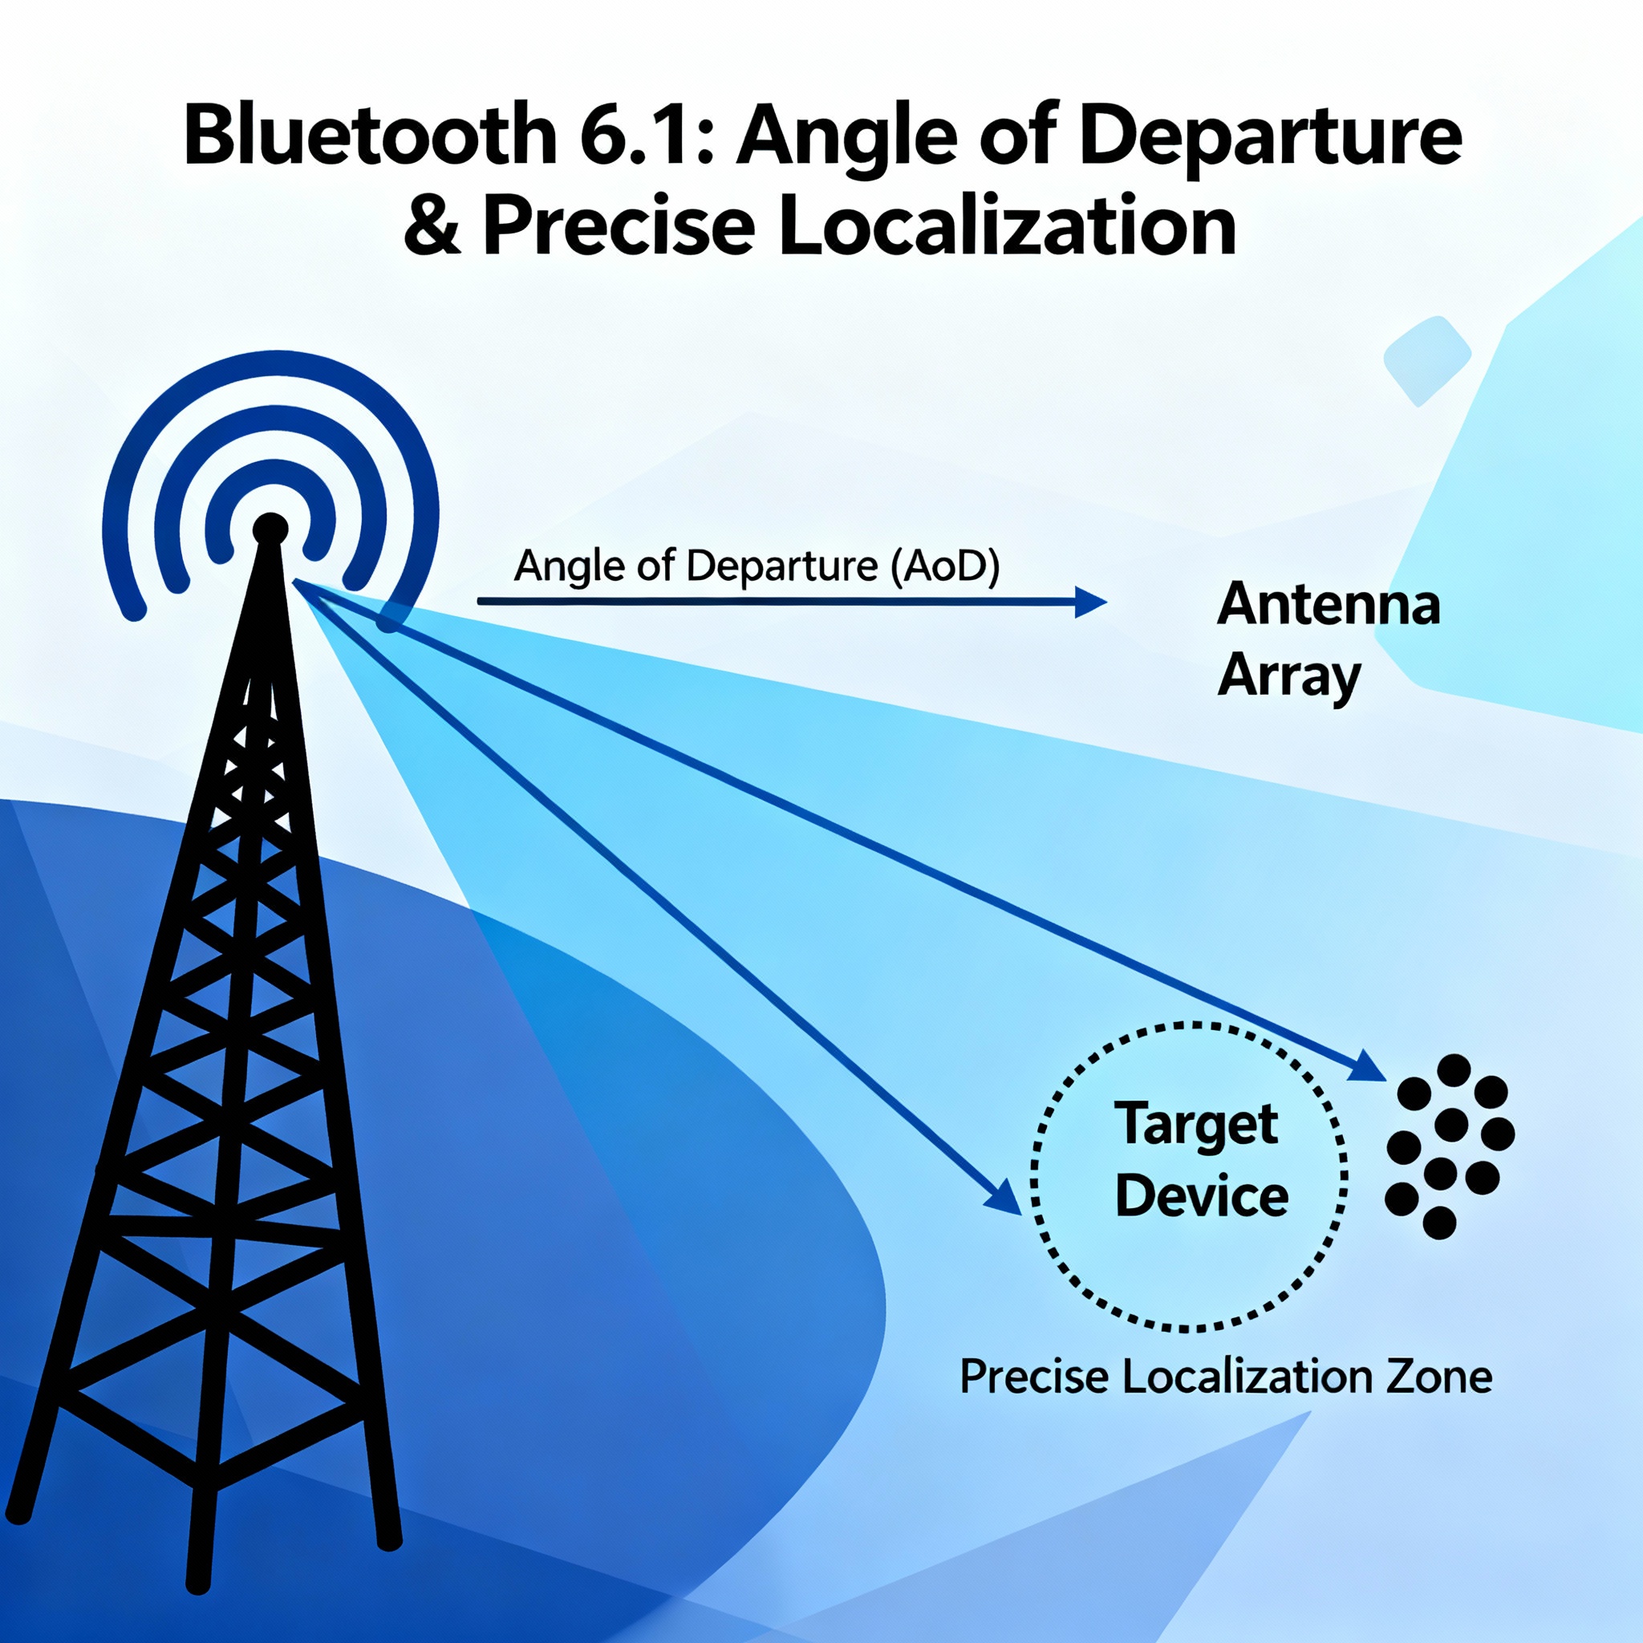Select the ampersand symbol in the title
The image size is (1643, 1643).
coord(433,226)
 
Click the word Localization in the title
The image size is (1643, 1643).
coord(1007,226)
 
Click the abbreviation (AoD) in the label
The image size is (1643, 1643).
coord(945,566)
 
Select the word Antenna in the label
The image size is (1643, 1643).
coord(1329,605)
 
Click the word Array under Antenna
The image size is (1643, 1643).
coord(1289,678)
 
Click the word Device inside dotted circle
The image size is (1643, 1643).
coord(1201,1196)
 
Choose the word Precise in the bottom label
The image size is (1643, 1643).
coord(1034,1376)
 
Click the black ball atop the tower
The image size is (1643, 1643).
coord(270,529)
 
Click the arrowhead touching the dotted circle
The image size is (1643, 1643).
coord(1004,1198)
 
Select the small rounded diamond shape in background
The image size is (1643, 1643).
coord(1427,360)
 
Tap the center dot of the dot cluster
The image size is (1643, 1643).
coord(1450,1125)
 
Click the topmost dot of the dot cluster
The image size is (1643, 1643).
coord(1453,1071)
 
